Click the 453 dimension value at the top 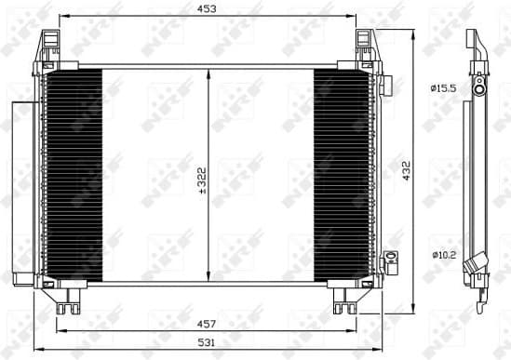pos(207,9)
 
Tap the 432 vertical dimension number pos(406,172)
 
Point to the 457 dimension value pos(207,324)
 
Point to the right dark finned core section pos(341,174)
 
